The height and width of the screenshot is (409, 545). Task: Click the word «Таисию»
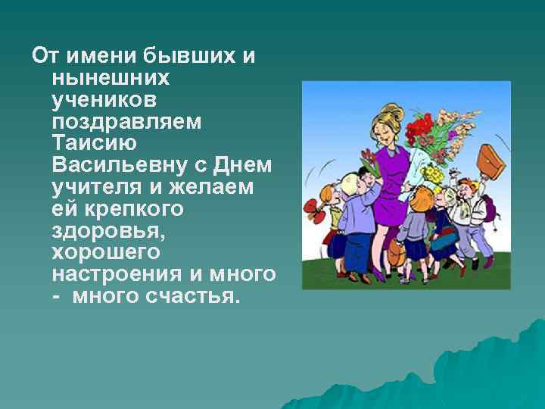pos(95,142)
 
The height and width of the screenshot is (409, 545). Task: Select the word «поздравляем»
pos(126,121)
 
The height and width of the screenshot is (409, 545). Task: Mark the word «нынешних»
pos(111,78)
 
